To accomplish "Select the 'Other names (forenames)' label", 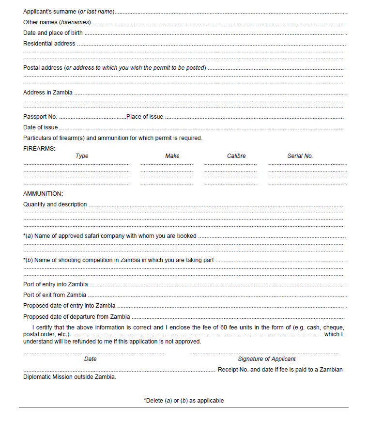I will pyautogui.click(x=57, y=22).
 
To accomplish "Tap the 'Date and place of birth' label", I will pyautogui.click(x=53, y=33).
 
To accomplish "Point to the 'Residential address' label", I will pyautogui.click(x=49, y=44).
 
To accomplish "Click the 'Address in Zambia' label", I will pyautogui.click(x=48, y=93).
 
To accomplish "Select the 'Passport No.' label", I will pyautogui.click(x=40, y=117).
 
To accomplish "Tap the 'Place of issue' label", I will pyautogui.click(x=145, y=117).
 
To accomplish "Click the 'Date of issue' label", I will pyautogui.click(x=41, y=127).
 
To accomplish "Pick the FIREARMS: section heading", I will pyautogui.click(x=39, y=148).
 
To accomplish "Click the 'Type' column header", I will pyautogui.click(x=82, y=156).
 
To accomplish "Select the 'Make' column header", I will pyautogui.click(x=172, y=156).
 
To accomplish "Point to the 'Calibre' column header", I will pyautogui.click(x=236, y=156).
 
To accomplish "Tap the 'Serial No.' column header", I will pyautogui.click(x=300, y=156).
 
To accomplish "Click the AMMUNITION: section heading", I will pyautogui.click(x=43, y=194).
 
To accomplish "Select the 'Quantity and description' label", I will pyautogui.click(x=55, y=204).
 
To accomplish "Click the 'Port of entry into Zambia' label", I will pyautogui.click(x=56, y=284).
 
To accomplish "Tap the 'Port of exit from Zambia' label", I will pyautogui.click(x=55, y=295).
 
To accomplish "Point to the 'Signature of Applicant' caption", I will pyautogui.click(x=267, y=359).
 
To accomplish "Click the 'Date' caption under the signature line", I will pyautogui.click(x=91, y=359).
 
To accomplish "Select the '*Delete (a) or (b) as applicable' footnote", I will pyautogui.click(x=184, y=401).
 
